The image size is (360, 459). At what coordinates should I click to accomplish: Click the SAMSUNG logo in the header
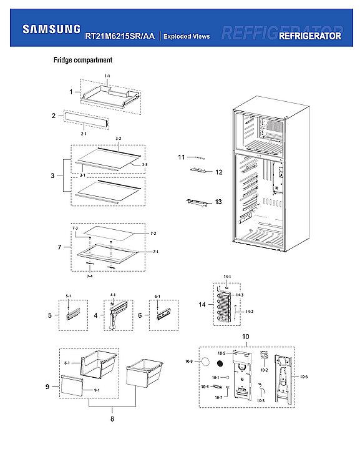click(x=51, y=29)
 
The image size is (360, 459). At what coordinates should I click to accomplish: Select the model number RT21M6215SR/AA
click(x=120, y=37)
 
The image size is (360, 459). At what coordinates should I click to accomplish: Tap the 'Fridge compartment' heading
click(x=82, y=61)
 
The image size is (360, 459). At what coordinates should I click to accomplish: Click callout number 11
click(x=182, y=156)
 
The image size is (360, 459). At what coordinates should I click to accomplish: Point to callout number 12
click(x=218, y=171)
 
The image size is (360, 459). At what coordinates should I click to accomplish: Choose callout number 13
click(x=218, y=202)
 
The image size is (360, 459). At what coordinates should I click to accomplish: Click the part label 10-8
click(x=188, y=361)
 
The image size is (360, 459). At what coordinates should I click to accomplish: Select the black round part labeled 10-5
click(x=220, y=362)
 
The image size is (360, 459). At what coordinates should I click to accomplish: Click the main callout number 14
click(x=201, y=305)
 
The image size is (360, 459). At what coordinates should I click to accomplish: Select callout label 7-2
click(x=153, y=233)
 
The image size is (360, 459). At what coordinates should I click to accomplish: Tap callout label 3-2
click(x=118, y=138)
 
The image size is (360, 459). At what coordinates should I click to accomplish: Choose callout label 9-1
click(x=97, y=390)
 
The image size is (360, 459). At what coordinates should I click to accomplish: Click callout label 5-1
click(x=69, y=296)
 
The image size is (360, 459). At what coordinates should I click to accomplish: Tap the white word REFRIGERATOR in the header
click(x=310, y=36)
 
